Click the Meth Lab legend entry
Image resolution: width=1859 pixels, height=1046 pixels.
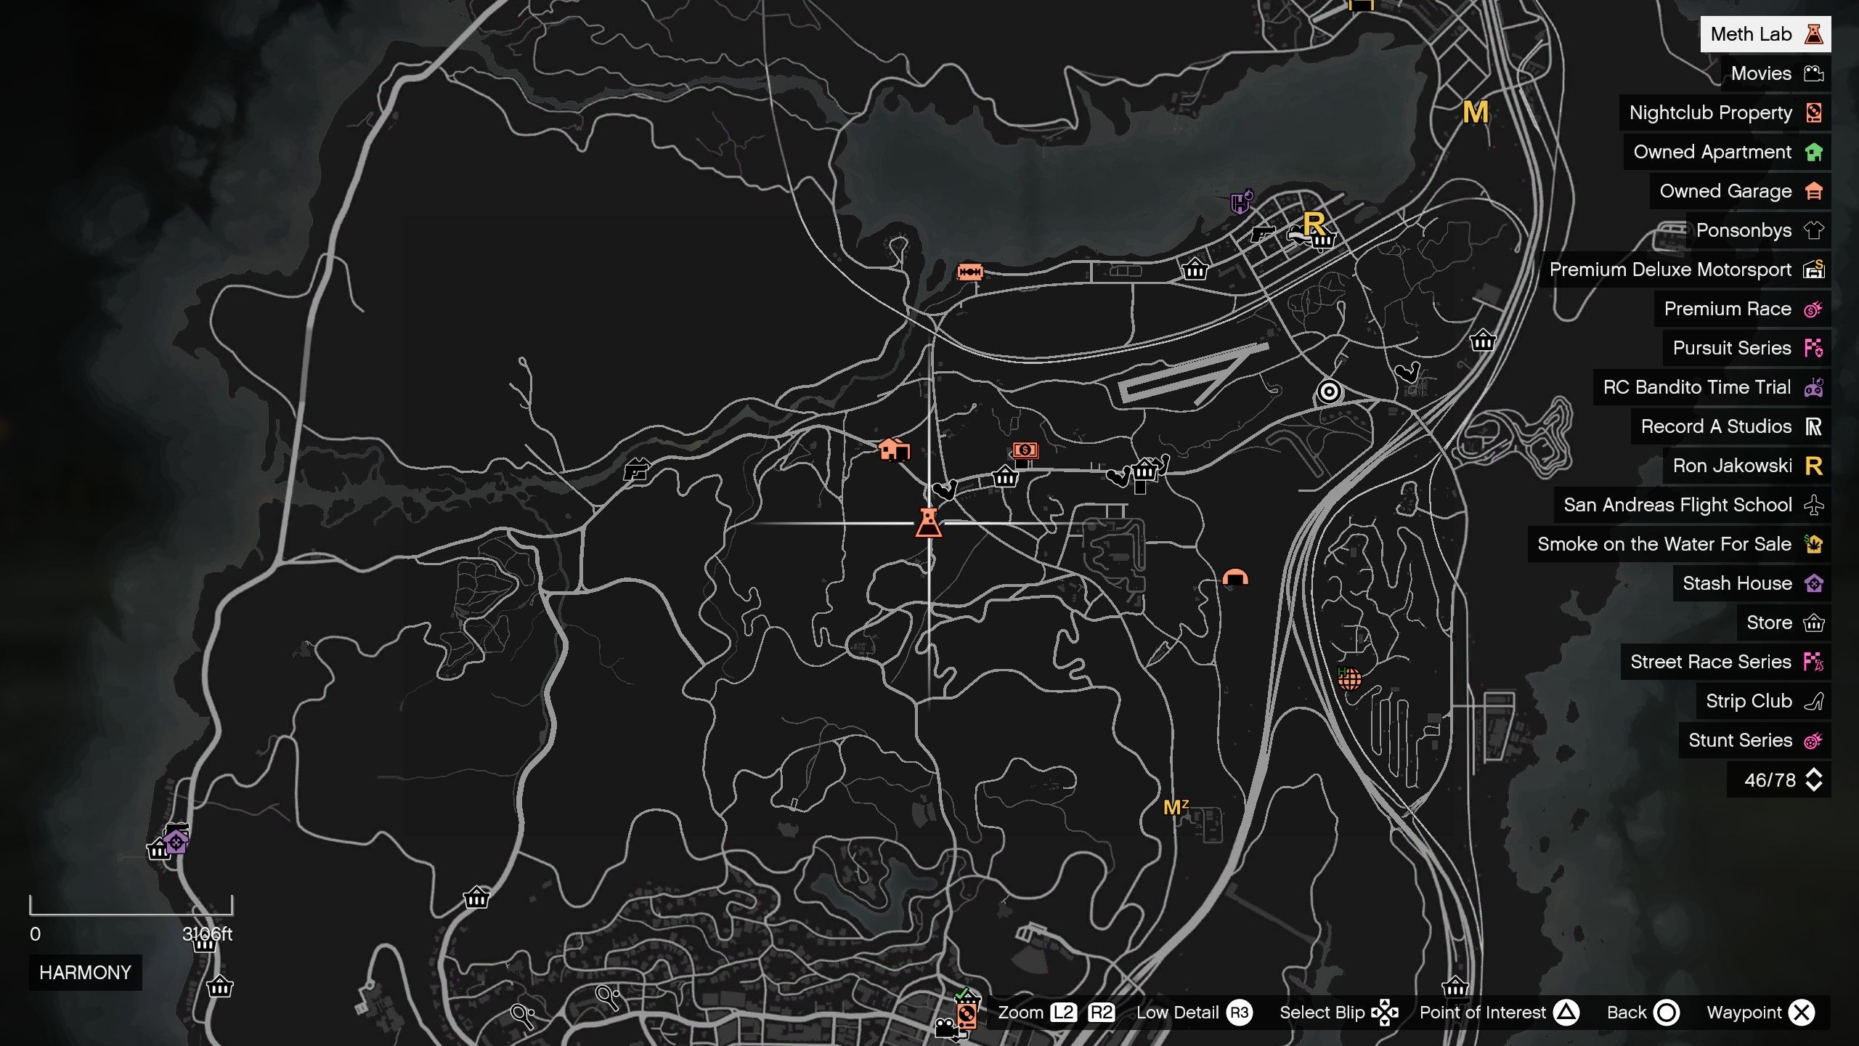point(1765,34)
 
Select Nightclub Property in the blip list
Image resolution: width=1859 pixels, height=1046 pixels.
point(1724,113)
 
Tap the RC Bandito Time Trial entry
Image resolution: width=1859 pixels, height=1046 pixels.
point(1711,387)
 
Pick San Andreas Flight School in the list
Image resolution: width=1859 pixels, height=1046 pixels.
point(1691,505)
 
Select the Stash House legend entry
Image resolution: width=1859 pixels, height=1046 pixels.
point(1751,583)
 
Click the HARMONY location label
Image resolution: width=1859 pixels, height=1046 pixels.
point(85,973)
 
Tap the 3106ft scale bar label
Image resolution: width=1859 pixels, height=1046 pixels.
point(207,934)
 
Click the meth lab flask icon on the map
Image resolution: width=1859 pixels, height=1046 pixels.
point(929,523)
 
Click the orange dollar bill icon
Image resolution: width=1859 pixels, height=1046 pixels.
point(1025,450)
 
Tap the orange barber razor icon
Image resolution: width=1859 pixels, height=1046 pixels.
point(970,272)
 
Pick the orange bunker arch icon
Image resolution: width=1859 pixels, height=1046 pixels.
point(1235,577)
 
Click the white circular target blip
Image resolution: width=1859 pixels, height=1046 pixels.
point(1329,392)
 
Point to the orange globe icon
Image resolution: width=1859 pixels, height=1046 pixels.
point(1349,679)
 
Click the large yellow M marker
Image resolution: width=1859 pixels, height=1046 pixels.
point(1476,113)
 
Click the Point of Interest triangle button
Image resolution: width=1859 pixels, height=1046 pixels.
point(1566,1013)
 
